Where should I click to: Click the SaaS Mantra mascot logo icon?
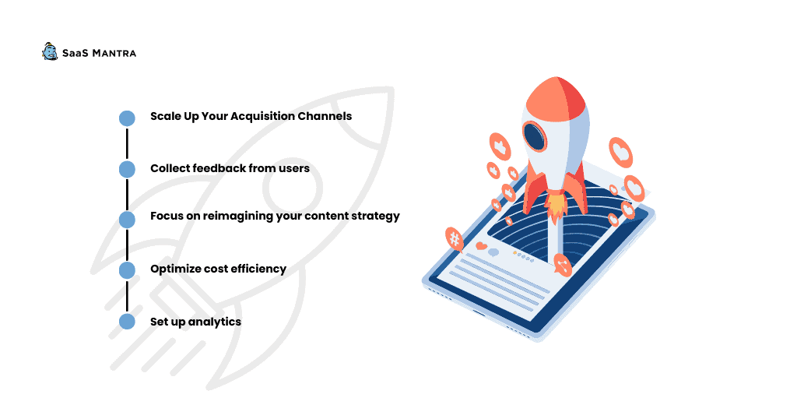point(50,51)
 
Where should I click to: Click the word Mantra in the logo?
point(114,54)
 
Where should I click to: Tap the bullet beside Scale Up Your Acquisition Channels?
point(127,118)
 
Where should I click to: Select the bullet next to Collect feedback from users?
point(127,169)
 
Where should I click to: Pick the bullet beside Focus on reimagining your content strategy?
point(127,220)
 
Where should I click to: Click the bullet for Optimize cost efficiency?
point(127,270)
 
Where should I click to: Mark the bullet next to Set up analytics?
point(127,322)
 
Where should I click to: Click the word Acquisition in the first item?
point(262,117)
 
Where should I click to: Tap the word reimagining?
point(238,216)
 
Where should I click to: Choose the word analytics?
point(215,322)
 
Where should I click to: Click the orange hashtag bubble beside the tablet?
point(455,238)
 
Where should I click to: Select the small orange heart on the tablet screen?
point(481,246)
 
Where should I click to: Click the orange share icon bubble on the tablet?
point(562,265)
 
